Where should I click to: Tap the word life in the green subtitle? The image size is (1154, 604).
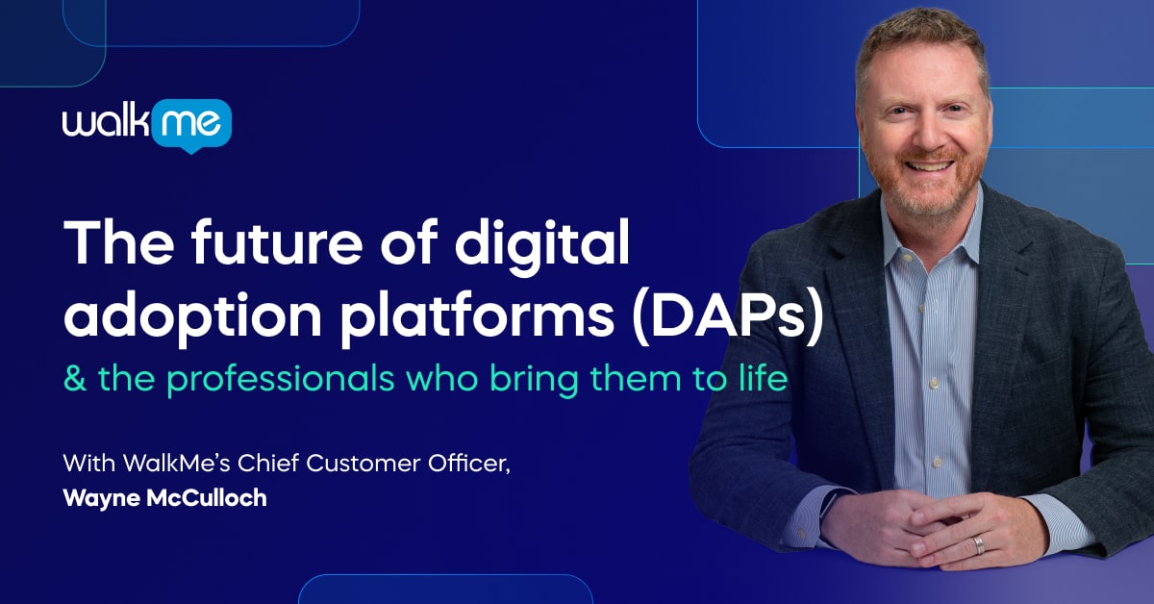(761, 378)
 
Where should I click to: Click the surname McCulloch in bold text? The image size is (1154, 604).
(211, 499)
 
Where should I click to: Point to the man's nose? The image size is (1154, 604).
(925, 134)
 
